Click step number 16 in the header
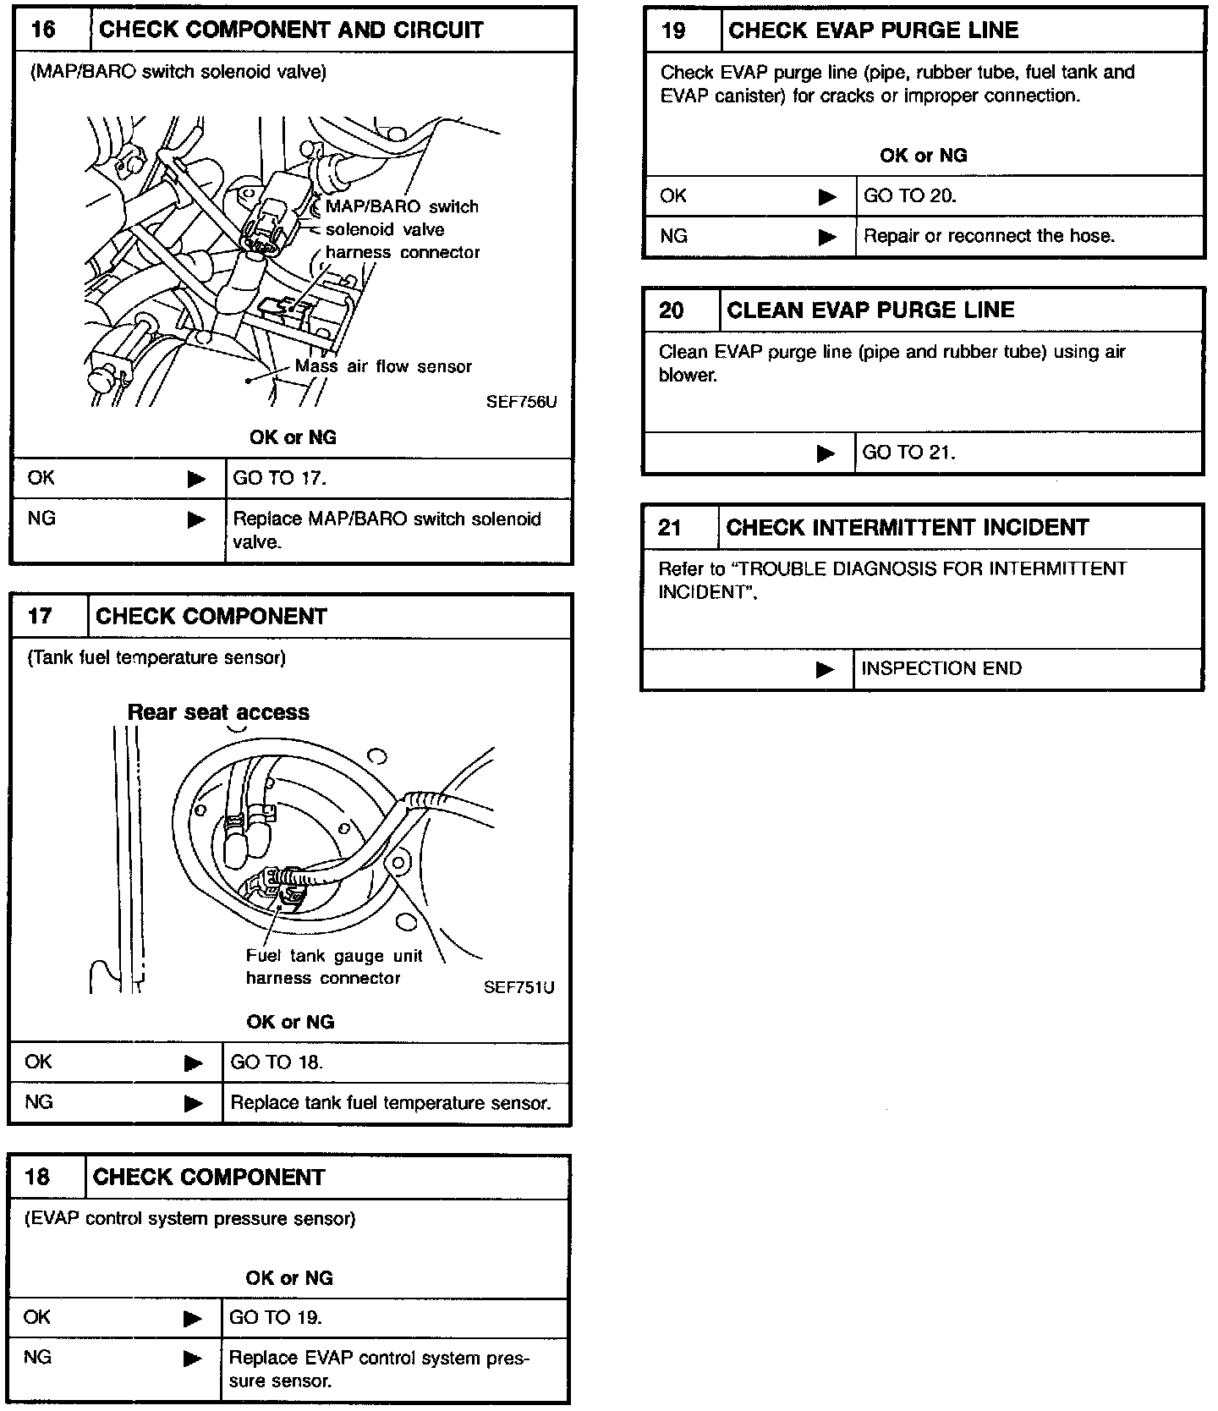43,30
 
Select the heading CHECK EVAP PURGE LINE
873,31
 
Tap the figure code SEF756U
521,402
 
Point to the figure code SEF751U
519,987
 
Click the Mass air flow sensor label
383,366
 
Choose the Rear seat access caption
218,712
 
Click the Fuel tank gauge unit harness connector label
333,967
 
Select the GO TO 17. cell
279,478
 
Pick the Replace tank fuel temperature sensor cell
391,1102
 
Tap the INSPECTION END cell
941,668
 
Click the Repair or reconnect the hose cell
989,236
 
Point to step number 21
670,528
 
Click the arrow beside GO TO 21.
826,453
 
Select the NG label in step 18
38,1357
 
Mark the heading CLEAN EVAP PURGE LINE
870,310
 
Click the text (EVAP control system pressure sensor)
190,1218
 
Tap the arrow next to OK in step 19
827,197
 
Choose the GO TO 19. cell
276,1317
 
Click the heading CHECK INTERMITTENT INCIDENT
908,528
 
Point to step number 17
40,616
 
